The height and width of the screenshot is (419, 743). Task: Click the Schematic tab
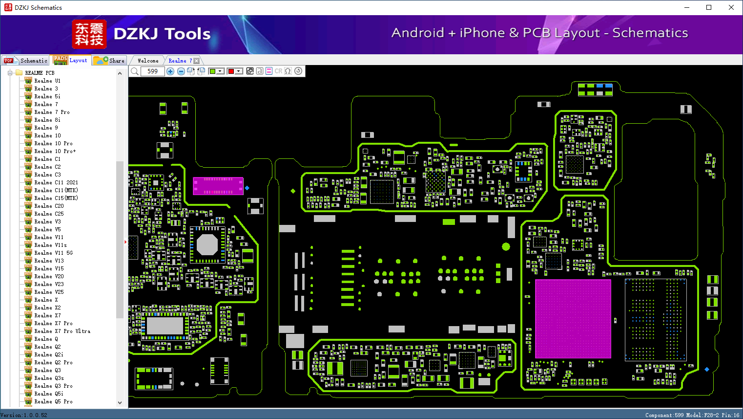point(26,61)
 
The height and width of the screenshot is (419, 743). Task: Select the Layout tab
point(71,60)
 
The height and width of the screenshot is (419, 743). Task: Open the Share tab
point(109,61)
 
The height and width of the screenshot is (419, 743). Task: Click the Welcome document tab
point(148,61)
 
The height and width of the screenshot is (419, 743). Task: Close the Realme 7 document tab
point(197,61)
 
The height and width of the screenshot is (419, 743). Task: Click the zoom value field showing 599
point(153,71)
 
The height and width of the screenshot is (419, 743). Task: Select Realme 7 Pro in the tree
point(52,112)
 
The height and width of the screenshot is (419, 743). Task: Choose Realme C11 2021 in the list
point(56,182)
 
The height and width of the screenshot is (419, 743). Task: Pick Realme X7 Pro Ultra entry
point(62,331)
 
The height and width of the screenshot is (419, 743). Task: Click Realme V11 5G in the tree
point(53,253)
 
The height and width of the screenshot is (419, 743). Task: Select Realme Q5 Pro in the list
point(53,401)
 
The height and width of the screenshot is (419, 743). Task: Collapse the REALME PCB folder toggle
point(10,73)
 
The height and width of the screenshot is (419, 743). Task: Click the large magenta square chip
point(573,319)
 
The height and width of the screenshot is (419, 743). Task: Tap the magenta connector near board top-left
point(218,186)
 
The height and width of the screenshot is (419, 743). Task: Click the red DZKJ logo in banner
point(89,34)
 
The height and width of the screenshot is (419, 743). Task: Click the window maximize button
point(709,7)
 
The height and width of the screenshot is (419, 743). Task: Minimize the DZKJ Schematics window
point(687,7)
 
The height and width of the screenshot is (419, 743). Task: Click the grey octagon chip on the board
point(207,245)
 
